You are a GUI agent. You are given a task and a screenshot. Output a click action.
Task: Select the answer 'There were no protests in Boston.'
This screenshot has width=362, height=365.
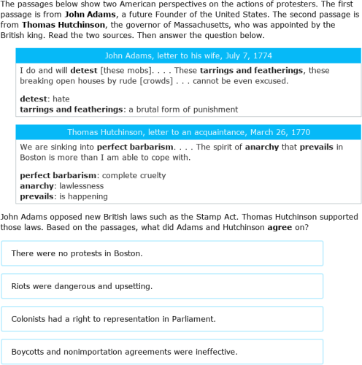coord(77,253)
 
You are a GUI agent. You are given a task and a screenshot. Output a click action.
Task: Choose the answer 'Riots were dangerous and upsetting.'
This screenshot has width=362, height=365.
coord(82,286)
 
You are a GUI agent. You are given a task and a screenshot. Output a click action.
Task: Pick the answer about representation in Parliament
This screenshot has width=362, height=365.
coord(113,319)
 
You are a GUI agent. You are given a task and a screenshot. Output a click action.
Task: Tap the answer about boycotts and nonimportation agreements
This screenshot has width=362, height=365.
coord(124,352)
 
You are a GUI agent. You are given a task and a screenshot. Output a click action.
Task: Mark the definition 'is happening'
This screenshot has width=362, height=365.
coord(84,196)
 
